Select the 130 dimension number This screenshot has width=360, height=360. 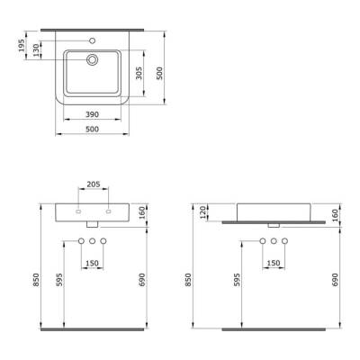[35, 49]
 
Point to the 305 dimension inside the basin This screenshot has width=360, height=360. [139, 73]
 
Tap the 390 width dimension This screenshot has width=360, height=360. [92, 115]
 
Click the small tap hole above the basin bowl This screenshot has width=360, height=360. [92, 41]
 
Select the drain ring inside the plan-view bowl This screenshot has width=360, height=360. [92, 60]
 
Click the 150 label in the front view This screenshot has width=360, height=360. [93, 264]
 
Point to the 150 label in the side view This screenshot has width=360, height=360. [272, 264]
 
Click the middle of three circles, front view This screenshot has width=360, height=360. [93, 241]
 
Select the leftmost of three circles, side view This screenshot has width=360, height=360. [261, 241]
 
